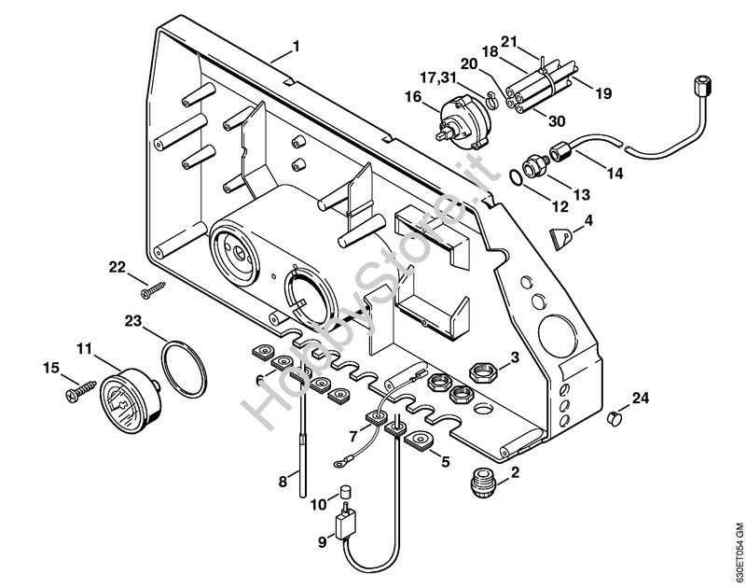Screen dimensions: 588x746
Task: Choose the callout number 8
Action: point(283,482)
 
